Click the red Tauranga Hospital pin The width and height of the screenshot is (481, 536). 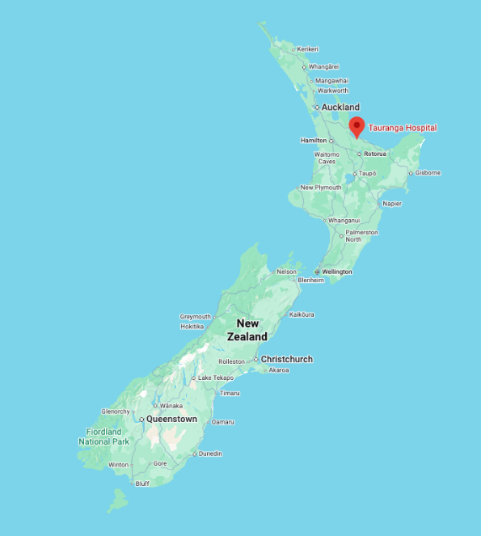[x=357, y=126]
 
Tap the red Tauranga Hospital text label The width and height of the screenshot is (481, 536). [x=403, y=128]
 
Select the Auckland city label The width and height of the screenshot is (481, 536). [x=340, y=108]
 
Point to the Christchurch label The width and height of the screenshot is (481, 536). [x=286, y=359]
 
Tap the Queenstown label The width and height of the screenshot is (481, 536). [x=171, y=420]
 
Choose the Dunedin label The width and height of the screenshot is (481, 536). [x=209, y=454]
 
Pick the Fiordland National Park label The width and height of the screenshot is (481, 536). [x=103, y=437]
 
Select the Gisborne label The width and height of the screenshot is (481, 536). [x=428, y=172]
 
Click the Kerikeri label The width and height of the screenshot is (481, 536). [x=307, y=49]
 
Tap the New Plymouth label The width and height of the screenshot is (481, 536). [x=320, y=188]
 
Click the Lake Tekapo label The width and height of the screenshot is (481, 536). [x=216, y=378]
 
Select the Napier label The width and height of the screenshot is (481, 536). [x=391, y=204]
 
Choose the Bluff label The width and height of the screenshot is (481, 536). [x=142, y=483]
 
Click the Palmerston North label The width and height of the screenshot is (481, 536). [x=361, y=235]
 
